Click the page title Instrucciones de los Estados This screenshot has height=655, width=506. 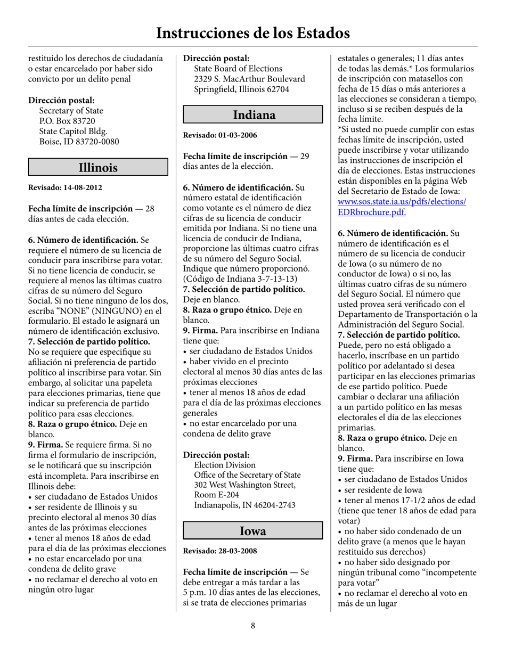coord(252,32)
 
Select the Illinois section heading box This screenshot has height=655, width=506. coord(98,167)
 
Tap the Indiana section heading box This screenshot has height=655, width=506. coord(254,114)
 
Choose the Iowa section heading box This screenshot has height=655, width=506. coord(253,530)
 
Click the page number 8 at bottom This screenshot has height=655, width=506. coord(253,626)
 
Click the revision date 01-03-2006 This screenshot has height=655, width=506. coord(237,135)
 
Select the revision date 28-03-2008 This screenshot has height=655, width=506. coord(237,551)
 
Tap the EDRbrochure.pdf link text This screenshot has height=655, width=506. coord(372,212)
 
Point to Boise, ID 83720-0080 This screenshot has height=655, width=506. coord(79,142)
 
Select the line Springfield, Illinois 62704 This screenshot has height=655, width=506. coord(241,89)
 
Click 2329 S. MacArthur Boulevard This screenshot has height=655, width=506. coord(249,79)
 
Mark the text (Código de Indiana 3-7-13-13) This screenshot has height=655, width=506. coord(240,279)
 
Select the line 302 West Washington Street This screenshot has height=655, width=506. coord(244,485)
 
